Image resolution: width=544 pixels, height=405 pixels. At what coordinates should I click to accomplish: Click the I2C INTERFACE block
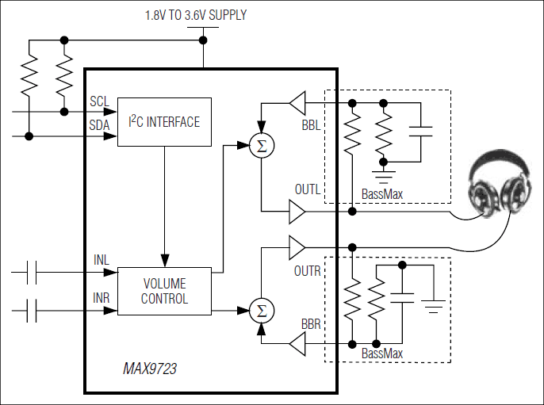coord(164,122)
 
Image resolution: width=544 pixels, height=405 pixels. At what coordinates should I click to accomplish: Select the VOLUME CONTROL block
coord(164,291)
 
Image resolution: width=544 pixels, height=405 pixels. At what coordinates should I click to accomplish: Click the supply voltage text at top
coord(195,15)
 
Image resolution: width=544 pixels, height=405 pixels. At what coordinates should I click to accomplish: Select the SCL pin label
coord(100,101)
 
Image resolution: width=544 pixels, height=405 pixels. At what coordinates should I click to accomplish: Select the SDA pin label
coord(100,124)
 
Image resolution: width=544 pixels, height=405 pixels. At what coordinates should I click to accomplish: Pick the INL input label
coord(101,261)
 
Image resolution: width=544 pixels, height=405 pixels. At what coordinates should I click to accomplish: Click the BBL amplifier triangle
coord(297,102)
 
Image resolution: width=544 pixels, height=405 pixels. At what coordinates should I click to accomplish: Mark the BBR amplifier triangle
coord(297,344)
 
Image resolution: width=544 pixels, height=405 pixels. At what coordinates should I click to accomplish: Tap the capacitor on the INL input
coord(32,273)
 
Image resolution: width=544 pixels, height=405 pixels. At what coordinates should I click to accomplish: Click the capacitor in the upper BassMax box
coord(421,131)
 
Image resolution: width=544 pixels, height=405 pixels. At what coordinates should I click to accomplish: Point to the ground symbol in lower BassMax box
coord(433,302)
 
